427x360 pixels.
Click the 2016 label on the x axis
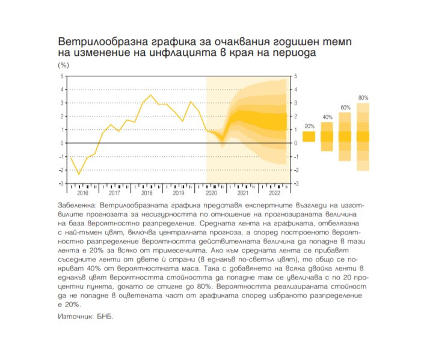pos(82,193)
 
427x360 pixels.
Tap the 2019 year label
pos(178,193)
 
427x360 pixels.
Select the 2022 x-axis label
pos(274,193)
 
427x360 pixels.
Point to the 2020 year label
pos(210,193)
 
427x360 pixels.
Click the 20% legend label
pos(309,126)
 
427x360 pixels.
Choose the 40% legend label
pos(327,117)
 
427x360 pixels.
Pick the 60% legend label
pos(345,108)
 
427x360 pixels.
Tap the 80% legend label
pos(363,97)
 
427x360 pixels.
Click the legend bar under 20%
pos(309,136)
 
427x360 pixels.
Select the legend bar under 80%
pos(363,136)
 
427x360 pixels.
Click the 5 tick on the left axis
pos(61,76)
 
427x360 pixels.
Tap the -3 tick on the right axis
pos(295,183)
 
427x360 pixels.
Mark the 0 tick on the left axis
pos(61,143)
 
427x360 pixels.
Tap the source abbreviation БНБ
pos(105,316)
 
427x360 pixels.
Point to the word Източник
pos(75,316)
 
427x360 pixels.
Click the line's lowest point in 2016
pos(79,175)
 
